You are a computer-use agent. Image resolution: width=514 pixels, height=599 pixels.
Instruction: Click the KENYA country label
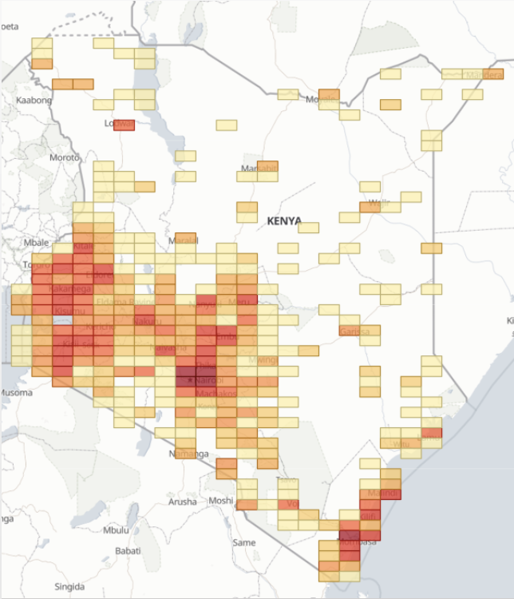point(284,220)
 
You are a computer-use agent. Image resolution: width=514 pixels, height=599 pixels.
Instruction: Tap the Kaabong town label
point(34,100)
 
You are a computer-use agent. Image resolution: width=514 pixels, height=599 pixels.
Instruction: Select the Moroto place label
point(65,157)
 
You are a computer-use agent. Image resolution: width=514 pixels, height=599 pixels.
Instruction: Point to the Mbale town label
point(37,242)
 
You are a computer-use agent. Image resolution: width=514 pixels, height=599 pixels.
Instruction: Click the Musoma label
point(15,393)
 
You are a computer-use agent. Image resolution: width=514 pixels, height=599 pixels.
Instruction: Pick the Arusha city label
point(183,502)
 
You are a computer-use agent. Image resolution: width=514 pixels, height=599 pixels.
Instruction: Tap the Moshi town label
point(221,501)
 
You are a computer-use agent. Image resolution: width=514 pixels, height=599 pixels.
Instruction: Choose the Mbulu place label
point(116,530)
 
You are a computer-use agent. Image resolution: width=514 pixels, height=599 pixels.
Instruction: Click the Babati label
point(128,550)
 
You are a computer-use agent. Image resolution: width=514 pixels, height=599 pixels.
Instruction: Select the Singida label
point(69,586)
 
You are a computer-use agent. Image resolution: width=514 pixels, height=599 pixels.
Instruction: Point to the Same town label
point(243,543)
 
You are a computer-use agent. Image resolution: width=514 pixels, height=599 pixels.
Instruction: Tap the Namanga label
point(188,454)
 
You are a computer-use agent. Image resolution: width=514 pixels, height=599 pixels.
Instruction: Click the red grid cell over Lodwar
point(124,124)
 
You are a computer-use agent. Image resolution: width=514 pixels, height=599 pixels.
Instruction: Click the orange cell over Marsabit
point(267,167)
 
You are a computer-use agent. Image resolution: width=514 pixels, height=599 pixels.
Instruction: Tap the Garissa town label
point(354,331)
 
